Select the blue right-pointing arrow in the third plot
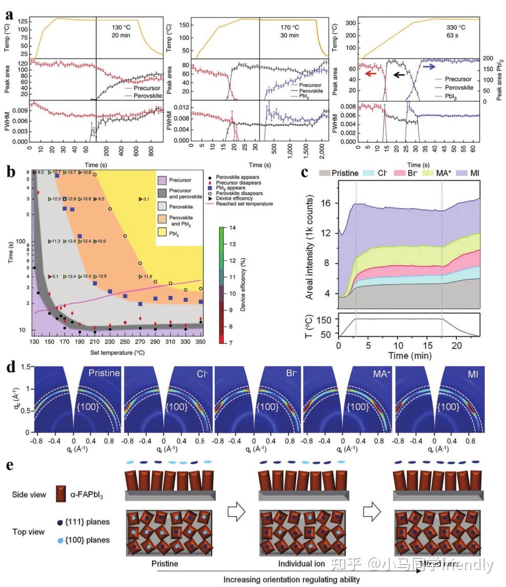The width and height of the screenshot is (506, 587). coord(429,66)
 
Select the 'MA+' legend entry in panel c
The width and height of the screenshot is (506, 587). coord(444,173)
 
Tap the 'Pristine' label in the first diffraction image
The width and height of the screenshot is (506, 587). coord(104,373)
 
